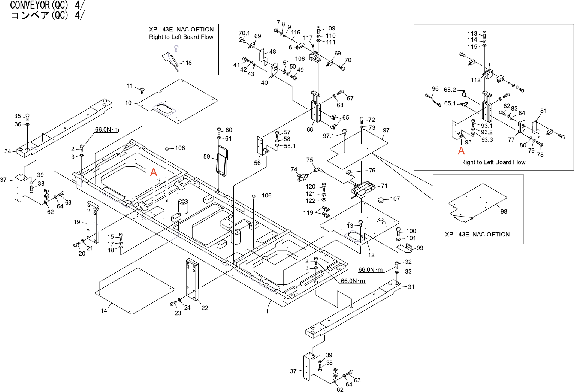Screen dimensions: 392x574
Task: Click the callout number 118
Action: pos(187,63)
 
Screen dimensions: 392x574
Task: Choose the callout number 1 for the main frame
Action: pos(267,311)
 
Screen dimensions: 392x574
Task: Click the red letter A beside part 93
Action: pos(461,151)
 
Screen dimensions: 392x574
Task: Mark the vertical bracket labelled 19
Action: pos(93,222)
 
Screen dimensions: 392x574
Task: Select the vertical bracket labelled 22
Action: pos(192,280)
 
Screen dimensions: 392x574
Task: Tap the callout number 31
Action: pos(411,287)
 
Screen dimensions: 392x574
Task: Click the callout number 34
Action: pos(8,151)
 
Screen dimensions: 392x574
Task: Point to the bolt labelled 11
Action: pos(142,90)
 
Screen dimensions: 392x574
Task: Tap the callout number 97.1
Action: pos(328,136)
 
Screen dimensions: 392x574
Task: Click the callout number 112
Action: pos(475,80)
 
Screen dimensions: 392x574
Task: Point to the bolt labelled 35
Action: pos(27,117)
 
